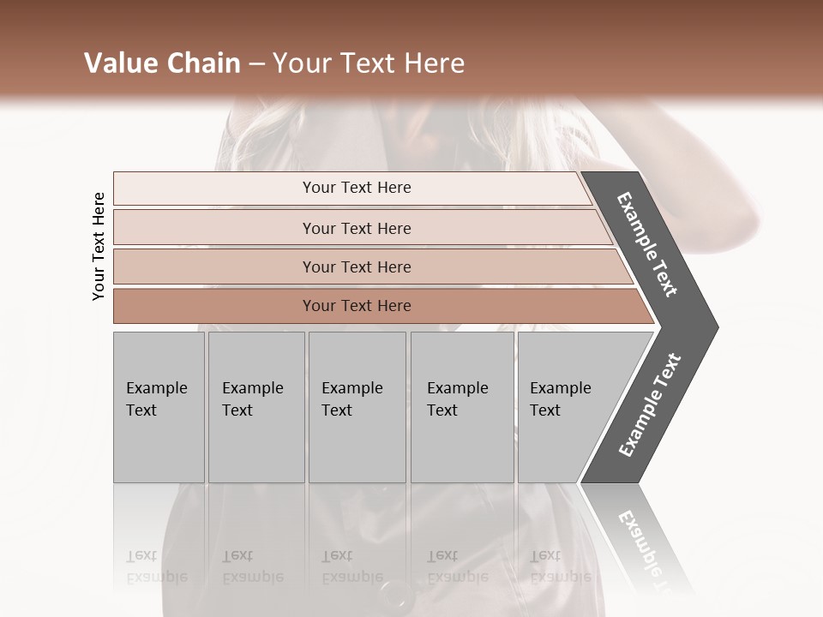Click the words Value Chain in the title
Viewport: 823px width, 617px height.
(162, 63)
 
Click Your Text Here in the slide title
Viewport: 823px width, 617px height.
(369, 63)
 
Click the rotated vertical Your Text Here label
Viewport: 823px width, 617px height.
(99, 246)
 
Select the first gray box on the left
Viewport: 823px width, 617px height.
(159, 407)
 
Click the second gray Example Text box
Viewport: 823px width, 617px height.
(256, 407)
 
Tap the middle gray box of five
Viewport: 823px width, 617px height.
(357, 407)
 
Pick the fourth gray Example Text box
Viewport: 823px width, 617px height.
(462, 407)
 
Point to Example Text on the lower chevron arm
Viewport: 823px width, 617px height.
(650, 404)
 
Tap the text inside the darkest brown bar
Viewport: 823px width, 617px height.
(357, 306)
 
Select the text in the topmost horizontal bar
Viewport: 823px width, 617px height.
(357, 188)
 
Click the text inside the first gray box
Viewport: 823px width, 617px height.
(156, 399)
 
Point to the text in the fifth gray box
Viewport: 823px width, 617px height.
(560, 399)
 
